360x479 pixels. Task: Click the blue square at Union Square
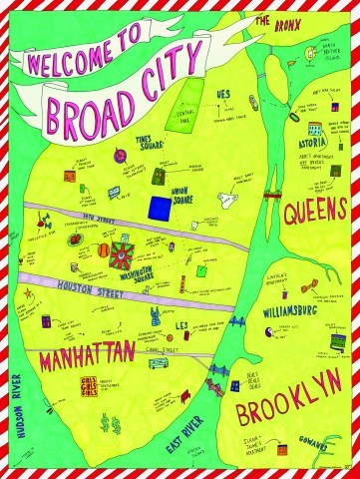pyautogui.click(x=160, y=208)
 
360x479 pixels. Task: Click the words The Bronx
pyautogui.click(x=273, y=23)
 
